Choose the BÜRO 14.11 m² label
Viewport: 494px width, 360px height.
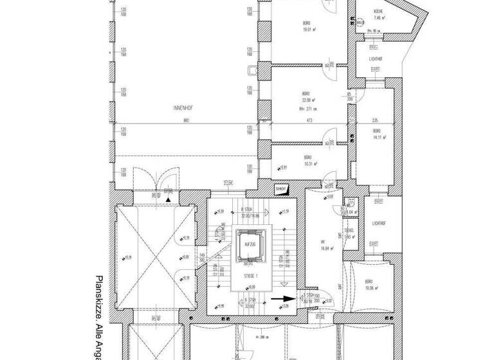[x=373, y=134]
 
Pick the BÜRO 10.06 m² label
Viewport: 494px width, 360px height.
[x=370, y=285]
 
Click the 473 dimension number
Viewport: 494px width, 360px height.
[x=308, y=120]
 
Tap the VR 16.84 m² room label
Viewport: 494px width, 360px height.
[x=323, y=247]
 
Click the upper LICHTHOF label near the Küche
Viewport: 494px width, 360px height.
[x=376, y=59]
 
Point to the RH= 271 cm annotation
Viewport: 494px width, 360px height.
[x=309, y=109]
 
